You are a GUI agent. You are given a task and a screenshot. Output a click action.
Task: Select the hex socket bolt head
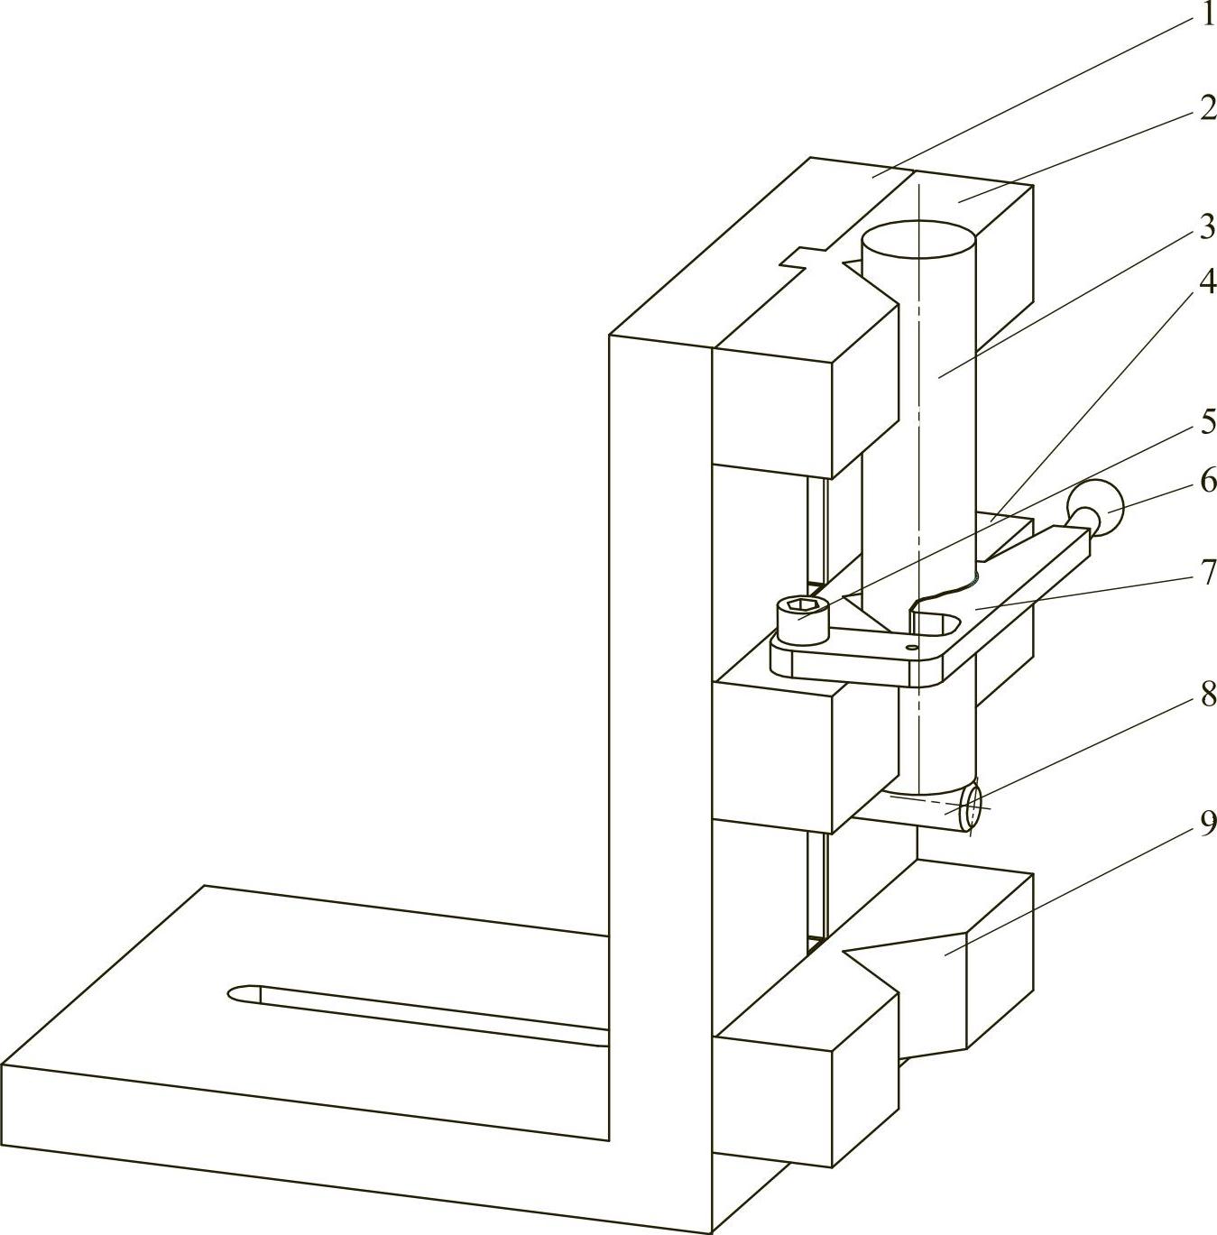[x=800, y=619]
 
